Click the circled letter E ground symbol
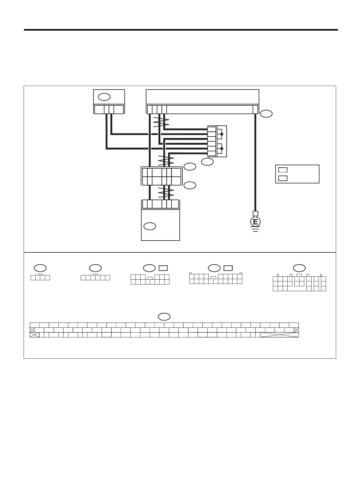pyautogui.click(x=255, y=222)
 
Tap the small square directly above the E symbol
pyautogui.click(x=255, y=213)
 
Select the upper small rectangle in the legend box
pyautogui.click(x=283, y=170)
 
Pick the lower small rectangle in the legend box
pyautogui.click(x=283, y=178)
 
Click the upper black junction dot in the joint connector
pyautogui.click(x=222, y=134)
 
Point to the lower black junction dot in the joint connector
pyautogui.click(x=222, y=149)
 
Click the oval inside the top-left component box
pyautogui.click(x=104, y=97)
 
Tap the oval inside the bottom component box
pyautogui.click(x=150, y=226)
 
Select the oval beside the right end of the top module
pyautogui.click(x=266, y=114)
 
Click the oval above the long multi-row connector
pyautogui.click(x=164, y=317)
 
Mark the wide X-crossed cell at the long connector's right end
pyautogui.click(x=279, y=335)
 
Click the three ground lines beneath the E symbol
pyautogui.click(x=255, y=229)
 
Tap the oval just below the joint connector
pyautogui.click(x=207, y=162)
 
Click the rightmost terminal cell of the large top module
pyautogui.click(x=255, y=109)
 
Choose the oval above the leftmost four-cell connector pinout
pyautogui.click(x=40, y=268)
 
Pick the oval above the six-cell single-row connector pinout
pyautogui.click(x=95, y=268)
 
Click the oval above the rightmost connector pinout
pyautogui.click(x=299, y=268)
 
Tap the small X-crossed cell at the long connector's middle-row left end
pyautogui.click(x=32, y=330)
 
